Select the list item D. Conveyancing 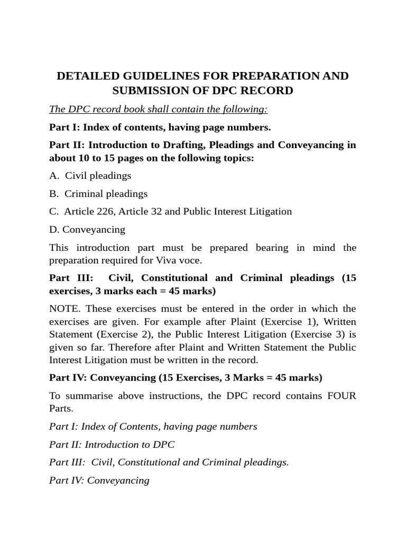pos(87,229)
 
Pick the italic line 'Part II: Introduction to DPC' pos(112,445)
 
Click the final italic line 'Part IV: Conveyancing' pos(99,481)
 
